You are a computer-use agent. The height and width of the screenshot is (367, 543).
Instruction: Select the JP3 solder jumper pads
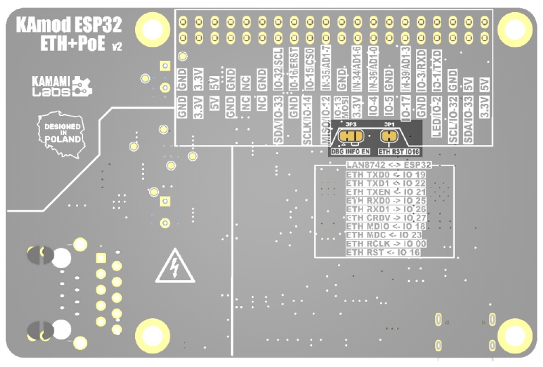point(351,136)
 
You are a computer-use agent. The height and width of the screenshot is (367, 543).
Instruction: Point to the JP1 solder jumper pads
point(389,136)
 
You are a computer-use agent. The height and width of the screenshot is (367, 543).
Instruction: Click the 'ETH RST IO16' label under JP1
point(398,151)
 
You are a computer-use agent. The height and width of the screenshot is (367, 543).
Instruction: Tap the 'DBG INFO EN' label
point(350,151)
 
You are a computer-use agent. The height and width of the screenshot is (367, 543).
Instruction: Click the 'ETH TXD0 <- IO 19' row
point(385,174)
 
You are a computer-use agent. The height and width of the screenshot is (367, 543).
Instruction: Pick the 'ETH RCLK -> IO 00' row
point(386,244)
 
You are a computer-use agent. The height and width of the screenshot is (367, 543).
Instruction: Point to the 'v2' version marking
point(117,47)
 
